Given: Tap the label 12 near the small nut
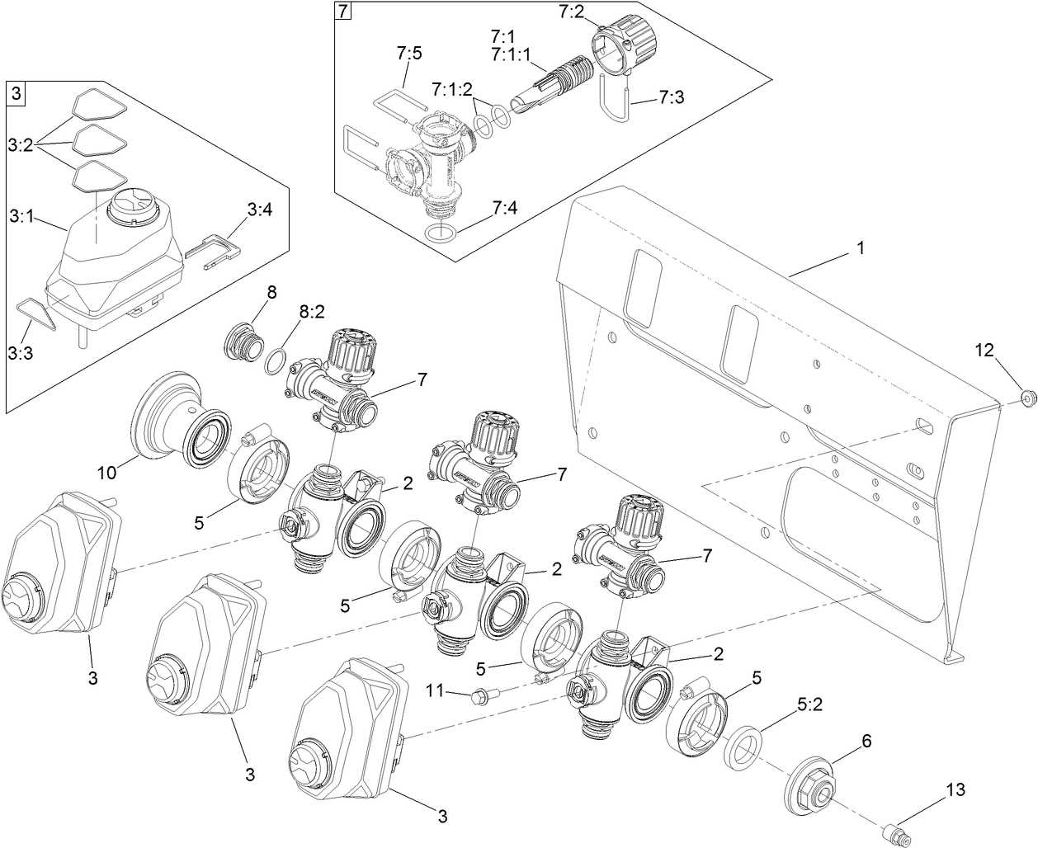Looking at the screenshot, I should pos(984,349).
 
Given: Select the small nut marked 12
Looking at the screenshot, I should pos(1027,398).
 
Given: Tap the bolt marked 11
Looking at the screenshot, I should pos(479,698).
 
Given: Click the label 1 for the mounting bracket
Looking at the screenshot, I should pos(860,247).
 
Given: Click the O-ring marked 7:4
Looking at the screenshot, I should pos(441,233).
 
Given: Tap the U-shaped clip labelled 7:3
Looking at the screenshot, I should pos(616,97).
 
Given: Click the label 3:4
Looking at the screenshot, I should pos(258,210).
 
